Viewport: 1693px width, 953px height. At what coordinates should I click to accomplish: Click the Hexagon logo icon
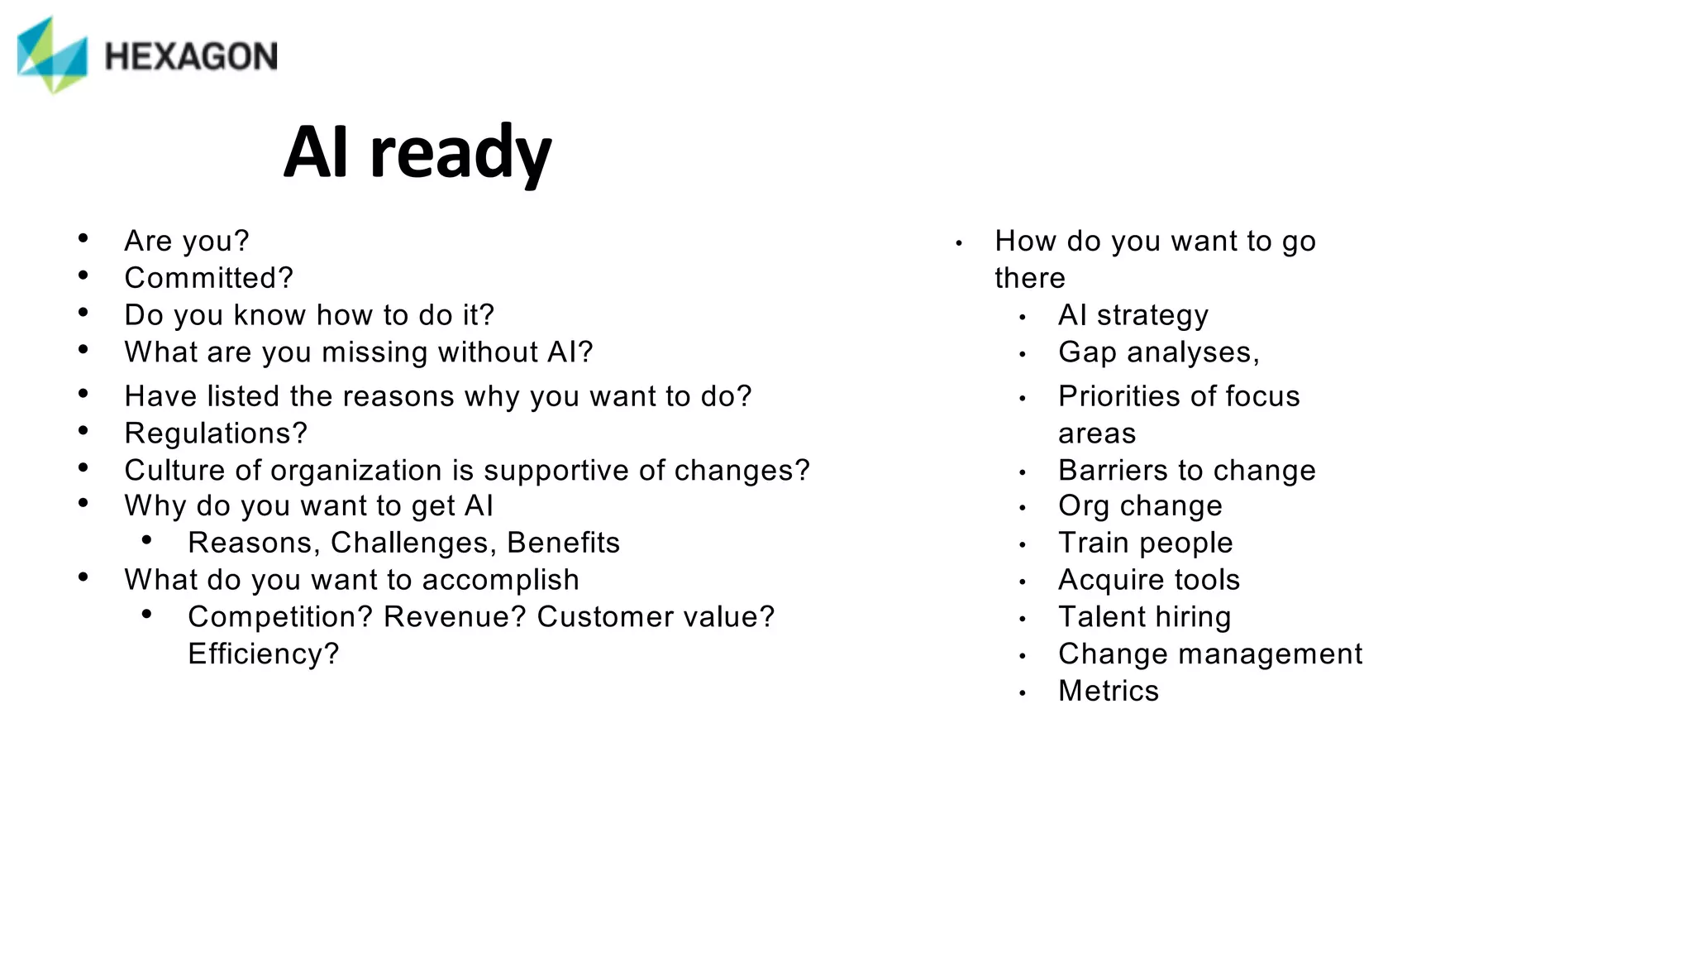tap(52, 55)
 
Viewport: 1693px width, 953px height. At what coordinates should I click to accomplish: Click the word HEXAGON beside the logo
tap(191, 57)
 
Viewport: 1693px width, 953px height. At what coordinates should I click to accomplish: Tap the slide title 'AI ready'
tap(417, 153)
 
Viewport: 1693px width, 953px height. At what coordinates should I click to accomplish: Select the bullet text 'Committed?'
tap(208, 278)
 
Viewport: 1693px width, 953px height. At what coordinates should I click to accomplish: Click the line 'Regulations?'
tap(216, 433)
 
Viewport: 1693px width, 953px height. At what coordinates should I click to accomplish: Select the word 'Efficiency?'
tap(264, 654)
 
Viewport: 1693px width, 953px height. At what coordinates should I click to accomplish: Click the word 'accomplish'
tap(500, 580)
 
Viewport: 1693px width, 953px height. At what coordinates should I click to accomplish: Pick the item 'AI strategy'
tap(1133, 315)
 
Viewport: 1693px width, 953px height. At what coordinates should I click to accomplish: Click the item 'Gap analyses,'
tap(1158, 352)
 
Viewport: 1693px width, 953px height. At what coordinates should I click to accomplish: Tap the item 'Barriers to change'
tap(1186, 471)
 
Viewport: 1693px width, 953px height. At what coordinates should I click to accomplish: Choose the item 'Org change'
tap(1140, 506)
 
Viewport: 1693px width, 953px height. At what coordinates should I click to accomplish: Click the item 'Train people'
tap(1145, 543)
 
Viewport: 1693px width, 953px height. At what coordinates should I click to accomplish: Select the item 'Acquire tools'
tap(1149, 580)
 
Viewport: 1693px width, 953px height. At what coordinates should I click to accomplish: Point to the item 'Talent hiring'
tap(1144, 617)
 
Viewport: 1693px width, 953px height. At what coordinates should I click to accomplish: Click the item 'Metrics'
tap(1108, 691)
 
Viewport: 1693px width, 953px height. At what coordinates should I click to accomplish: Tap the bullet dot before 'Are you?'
tap(83, 239)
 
